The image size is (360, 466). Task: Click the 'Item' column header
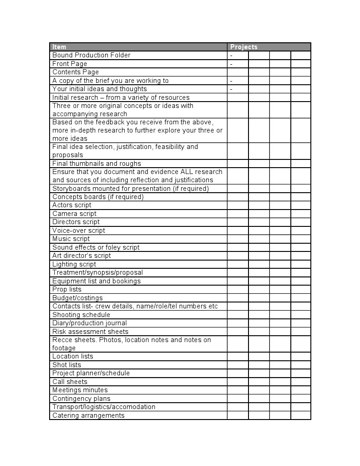59,47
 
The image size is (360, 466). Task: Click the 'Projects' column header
243,47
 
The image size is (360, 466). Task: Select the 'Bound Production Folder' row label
91,55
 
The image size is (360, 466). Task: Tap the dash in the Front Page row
231,64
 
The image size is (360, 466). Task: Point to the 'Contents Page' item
76,72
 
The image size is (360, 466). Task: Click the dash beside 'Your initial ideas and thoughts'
231,89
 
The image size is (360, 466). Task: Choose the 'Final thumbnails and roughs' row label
96,164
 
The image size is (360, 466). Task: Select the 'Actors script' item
72,205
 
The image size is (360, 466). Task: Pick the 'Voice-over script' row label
79,230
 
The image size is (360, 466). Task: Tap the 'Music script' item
71,239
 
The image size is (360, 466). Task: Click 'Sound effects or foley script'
96,247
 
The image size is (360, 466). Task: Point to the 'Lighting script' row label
74,264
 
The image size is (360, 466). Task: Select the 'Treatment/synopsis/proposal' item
97,272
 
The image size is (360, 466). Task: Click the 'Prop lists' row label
67,289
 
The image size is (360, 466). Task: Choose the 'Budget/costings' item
77,298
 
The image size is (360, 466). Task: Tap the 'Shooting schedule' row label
81,315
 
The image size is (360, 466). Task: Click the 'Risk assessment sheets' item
90,332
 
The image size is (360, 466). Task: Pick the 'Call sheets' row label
70,382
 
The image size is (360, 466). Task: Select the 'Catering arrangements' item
88,415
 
